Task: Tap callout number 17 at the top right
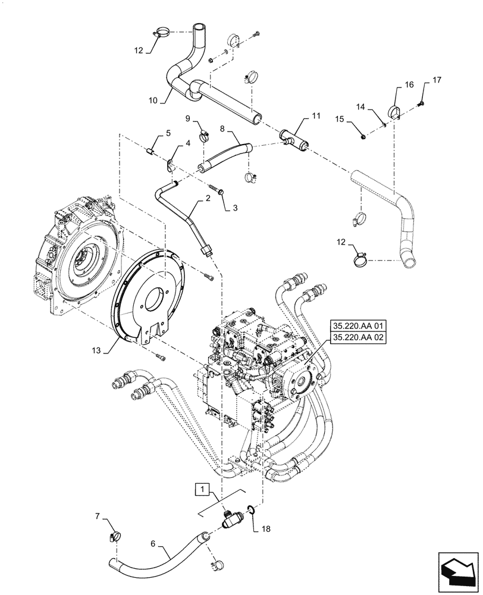tap(437, 80)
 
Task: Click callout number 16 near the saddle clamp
tap(409, 85)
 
